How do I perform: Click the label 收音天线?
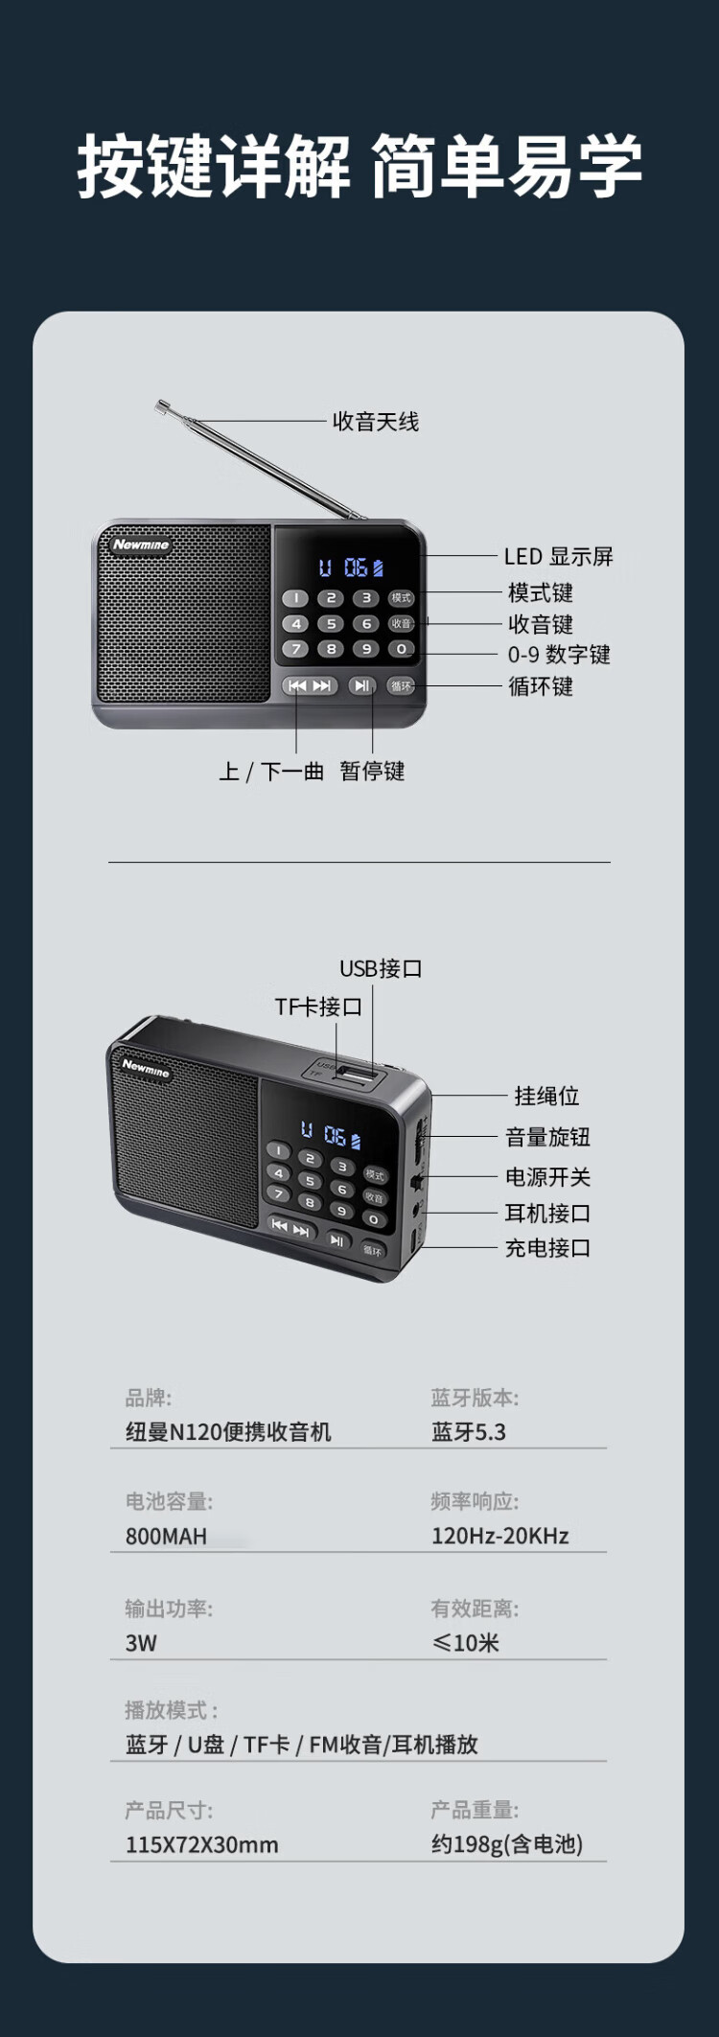375,422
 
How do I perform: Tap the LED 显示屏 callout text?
558,556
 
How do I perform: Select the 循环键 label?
540,686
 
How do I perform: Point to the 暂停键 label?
372,771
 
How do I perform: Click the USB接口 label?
381,968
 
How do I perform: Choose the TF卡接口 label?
318,1007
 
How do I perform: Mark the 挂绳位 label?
546,1096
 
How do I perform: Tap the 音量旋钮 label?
547,1137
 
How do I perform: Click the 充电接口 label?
547,1247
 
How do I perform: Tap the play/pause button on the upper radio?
361,685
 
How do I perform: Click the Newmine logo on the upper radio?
141,544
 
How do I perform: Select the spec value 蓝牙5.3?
468,1432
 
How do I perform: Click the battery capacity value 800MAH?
166,1536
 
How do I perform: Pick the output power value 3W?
141,1642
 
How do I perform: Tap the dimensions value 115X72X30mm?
201,1844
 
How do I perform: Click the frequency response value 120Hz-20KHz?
499,1536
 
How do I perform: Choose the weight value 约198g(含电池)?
506,1844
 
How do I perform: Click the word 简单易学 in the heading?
505,167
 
